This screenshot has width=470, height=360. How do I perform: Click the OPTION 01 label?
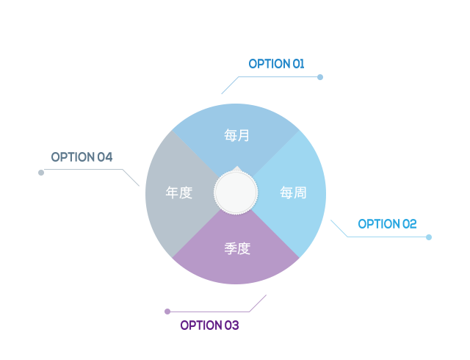276,64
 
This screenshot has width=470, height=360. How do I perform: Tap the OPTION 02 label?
387,224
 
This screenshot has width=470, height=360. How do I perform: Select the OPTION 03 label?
209,325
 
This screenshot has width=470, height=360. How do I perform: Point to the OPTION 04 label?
82,157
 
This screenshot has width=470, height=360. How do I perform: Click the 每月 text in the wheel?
236,135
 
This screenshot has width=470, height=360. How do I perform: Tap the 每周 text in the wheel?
293,193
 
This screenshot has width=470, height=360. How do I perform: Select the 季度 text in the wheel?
236,249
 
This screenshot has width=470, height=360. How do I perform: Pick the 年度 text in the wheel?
179,193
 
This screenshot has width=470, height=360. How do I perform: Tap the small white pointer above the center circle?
236,169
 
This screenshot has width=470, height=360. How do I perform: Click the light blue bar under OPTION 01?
269,86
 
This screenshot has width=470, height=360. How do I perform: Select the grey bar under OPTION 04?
91,178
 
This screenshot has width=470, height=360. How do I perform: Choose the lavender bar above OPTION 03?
218,303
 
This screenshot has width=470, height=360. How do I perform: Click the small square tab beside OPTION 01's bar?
320,77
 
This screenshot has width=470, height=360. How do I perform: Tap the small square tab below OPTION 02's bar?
428,237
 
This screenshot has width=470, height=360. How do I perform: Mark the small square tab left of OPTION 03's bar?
167,312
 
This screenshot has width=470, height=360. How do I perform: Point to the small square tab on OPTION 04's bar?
40,173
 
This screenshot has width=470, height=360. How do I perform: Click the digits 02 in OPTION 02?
409,224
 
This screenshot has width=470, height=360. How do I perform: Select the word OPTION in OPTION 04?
73,157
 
